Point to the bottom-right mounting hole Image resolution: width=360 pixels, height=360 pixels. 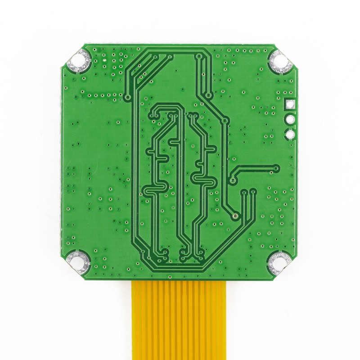tap(279, 262)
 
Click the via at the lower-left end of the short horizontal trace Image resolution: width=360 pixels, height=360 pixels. tap(233, 180)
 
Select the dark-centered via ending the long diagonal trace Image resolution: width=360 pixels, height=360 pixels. tap(236, 217)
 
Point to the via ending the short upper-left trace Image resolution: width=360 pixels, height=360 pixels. tap(128, 97)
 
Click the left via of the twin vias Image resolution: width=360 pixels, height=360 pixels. tap(243, 192)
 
